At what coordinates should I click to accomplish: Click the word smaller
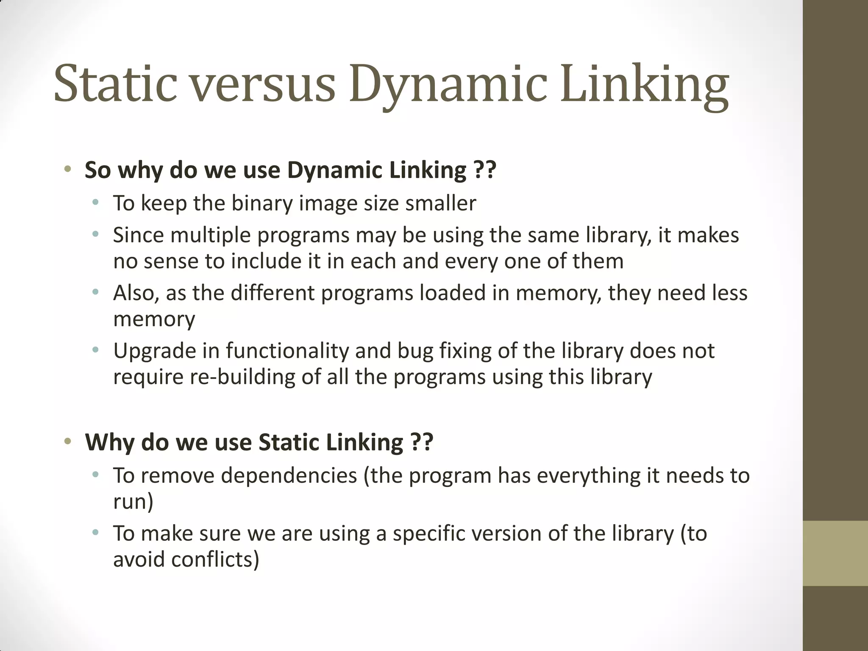(441, 203)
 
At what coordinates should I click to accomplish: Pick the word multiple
(211, 235)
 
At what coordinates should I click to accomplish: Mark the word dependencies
(289, 476)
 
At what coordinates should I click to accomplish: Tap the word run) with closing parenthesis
(133, 501)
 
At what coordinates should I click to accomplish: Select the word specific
(429, 534)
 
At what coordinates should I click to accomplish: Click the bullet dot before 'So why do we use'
(67, 170)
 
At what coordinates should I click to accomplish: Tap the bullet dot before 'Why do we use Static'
(67, 442)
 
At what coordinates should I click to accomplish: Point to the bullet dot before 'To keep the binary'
(96, 203)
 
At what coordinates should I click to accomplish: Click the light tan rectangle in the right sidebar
(835, 553)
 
